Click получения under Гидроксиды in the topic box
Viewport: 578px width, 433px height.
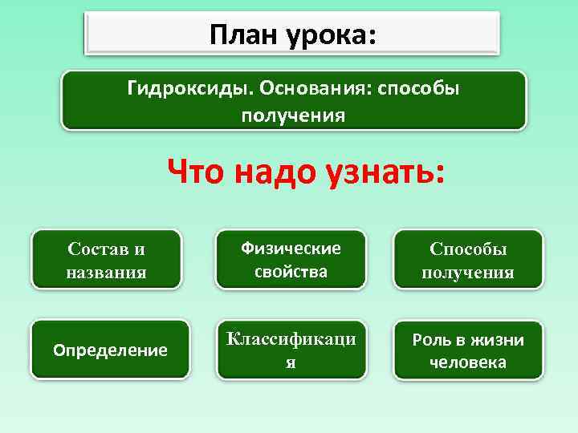tap(293, 115)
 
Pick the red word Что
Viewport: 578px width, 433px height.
tap(198, 172)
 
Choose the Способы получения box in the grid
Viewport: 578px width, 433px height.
tap(468, 260)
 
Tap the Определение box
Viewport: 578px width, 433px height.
tap(110, 350)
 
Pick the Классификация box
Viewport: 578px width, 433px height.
tap(291, 350)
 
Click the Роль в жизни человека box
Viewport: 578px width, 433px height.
tap(468, 350)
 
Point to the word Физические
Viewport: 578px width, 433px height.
tap(291, 249)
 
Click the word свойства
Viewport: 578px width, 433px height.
tap(291, 271)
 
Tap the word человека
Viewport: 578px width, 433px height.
tap(468, 362)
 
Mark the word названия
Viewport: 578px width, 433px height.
tap(106, 272)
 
